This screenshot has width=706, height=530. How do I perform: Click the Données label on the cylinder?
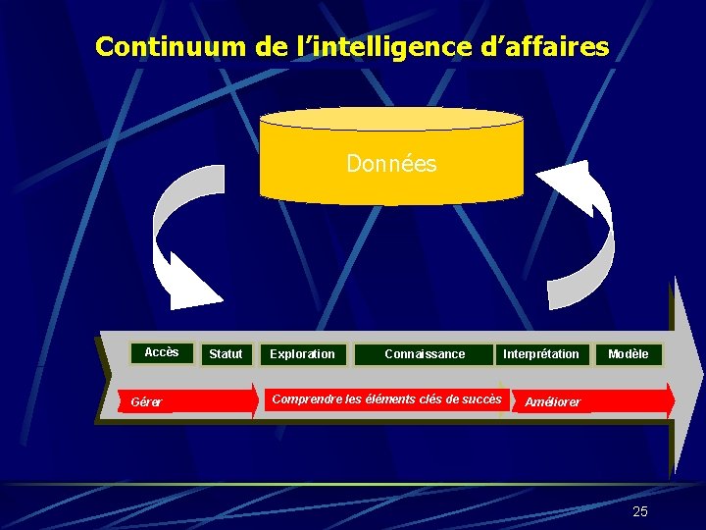[x=391, y=164]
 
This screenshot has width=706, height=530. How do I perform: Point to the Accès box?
[x=162, y=352]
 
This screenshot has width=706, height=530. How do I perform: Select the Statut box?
[x=226, y=353]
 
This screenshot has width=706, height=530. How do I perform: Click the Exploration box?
[x=302, y=353]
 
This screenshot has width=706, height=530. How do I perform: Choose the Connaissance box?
[x=425, y=353]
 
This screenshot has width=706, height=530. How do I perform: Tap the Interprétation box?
[x=541, y=353]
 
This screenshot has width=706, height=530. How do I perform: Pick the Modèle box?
[x=629, y=353]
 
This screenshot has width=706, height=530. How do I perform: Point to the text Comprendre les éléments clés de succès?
[x=385, y=399]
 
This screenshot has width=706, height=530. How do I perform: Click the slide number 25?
[x=640, y=511]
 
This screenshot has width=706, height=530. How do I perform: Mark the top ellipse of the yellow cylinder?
[x=391, y=120]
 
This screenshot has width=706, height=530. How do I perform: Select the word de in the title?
[x=269, y=46]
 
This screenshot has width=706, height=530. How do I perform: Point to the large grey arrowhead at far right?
[x=687, y=378]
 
